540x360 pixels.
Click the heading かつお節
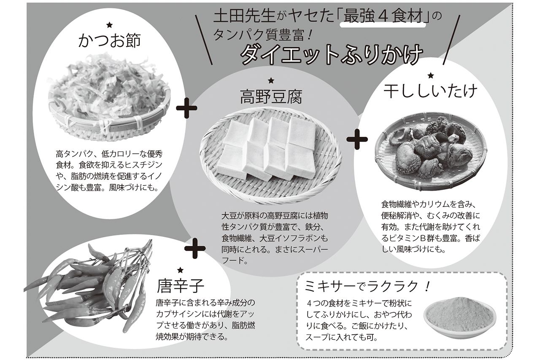coord(109,41)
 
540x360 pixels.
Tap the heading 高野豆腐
coord(271,97)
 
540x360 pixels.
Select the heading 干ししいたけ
coord(430,91)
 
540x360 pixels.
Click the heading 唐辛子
coord(180,286)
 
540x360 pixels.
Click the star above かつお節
coord(109,25)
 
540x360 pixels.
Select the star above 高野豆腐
coord(271,81)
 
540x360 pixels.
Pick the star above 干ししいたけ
coord(430,76)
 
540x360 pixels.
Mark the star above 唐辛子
coord(180,270)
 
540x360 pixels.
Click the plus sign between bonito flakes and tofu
coord(186,109)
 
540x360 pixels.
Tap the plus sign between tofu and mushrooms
coord(357,139)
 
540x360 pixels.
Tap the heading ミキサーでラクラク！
coord(367,287)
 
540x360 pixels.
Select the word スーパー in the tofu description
coord(312,249)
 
